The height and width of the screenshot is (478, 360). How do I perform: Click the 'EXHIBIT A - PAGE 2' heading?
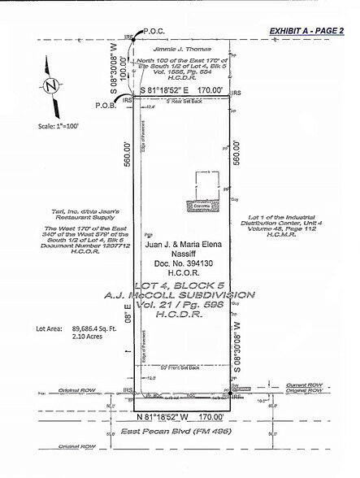pyautogui.click(x=313, y=31)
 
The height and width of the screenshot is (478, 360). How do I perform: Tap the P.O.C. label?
pyautogui.click(x=154, y=32)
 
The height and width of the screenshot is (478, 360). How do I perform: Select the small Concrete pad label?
pyautogui.click(x=200, y=206)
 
